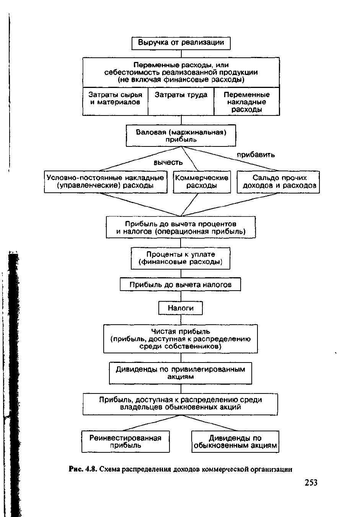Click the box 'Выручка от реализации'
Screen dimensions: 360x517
[x=181, y=43]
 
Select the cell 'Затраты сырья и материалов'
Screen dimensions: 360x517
[x=115, y=101]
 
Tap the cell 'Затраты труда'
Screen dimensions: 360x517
[x=181, y=101]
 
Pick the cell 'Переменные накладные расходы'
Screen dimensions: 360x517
[x=247, y=101]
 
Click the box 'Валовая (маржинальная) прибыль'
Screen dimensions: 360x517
[x=181, y=135]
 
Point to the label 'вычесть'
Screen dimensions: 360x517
[x=168, y=163]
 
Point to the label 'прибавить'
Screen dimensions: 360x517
[x=256, y=154]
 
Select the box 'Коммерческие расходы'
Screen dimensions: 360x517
[x=202, y=182]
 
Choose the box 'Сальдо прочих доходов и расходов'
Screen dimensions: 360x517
[x=278, y=182]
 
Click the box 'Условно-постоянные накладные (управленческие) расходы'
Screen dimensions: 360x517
[x=106, y=182]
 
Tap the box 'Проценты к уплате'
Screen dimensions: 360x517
[x=181, y=258]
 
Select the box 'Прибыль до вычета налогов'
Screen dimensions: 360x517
[x=180, y=285]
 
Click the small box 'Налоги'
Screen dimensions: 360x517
[x=180, y=308]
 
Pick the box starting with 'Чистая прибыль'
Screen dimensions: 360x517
[x=181, y=339]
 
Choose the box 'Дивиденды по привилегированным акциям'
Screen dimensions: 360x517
[x=181, y=373]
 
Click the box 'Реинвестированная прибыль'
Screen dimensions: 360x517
[x=125, y=442]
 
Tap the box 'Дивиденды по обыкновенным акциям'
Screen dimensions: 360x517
[x=235, y=442]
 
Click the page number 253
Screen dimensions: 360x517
[x=311, y=483]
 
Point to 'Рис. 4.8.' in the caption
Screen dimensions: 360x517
[x=84, y=469]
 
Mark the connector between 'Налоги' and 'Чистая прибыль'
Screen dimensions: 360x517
[x=181, y=320]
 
